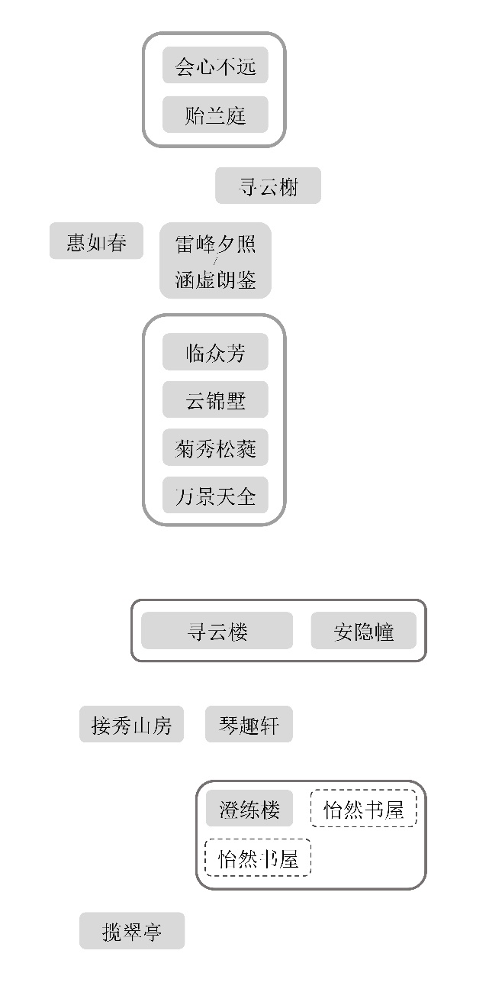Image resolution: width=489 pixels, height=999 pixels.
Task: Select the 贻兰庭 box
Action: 215,115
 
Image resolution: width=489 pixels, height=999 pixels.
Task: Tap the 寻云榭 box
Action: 268,186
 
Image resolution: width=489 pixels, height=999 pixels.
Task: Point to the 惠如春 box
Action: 96,242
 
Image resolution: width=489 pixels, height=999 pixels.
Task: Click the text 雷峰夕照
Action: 215,244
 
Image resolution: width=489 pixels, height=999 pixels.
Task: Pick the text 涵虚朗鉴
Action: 215,280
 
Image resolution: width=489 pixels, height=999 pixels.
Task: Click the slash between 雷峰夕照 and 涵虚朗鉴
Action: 215,262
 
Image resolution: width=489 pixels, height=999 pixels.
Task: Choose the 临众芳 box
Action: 215,353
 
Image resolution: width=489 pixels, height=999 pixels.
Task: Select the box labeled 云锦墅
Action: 215,400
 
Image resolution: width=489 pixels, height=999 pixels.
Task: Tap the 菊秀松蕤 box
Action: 215,448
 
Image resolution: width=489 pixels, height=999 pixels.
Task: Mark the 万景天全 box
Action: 215,496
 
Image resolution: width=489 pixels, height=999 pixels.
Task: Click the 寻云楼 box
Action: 217,632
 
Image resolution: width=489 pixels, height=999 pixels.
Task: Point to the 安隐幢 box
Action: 364,632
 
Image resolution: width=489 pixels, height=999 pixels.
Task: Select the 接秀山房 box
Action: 131,725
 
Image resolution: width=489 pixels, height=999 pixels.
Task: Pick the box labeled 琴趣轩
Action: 249,725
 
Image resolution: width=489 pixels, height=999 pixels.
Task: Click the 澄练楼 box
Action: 249,809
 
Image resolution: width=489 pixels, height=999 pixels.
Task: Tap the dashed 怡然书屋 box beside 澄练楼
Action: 364,810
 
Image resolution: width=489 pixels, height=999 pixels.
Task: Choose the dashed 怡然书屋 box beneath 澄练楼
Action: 258,858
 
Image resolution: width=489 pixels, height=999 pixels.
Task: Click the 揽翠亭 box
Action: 132,931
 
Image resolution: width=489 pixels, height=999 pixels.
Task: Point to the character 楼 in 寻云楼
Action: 238,632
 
